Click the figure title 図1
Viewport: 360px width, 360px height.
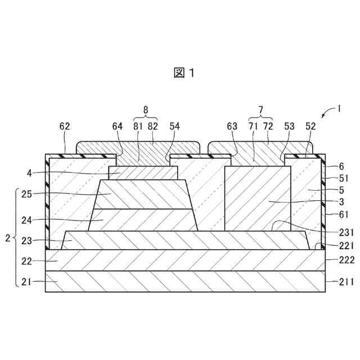(x=184, y=73)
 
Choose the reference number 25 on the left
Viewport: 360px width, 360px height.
(x=27, y=195)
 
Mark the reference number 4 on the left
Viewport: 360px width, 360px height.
(x=30, y=173)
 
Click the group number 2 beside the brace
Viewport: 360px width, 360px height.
(x=7, y=238)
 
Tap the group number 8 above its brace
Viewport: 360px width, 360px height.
(x=145, y=110)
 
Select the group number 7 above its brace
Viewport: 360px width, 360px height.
(x=260, y=110)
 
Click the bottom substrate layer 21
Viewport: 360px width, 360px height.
(x=186, y=282)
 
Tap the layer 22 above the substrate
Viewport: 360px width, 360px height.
(x=186, y=260)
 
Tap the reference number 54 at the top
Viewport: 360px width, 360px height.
(x=175, y=127)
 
